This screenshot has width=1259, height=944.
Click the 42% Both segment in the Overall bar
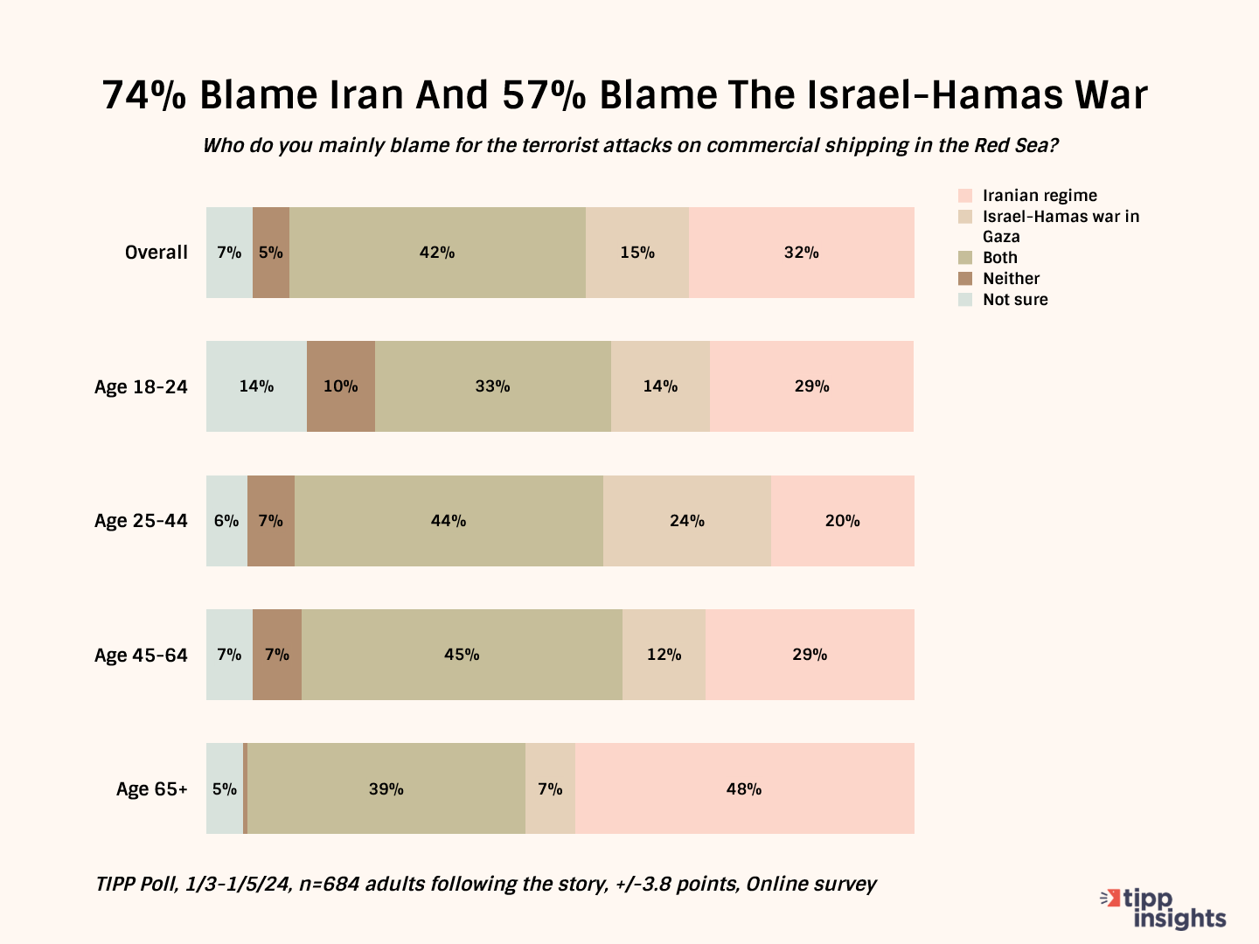(x=437, y=253)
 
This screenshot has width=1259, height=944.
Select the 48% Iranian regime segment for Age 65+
(x=744, y=788)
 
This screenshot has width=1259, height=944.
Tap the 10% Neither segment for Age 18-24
(x=341, y=386)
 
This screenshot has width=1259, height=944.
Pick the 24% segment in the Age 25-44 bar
(x=687, y=521)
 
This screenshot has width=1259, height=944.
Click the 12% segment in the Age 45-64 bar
(x=664, y=655)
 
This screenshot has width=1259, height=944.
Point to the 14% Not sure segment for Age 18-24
(x=256, y=386)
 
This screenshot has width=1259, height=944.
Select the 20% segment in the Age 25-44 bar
(x=842, y=521)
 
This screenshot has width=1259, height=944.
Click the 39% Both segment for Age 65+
(x=386, y=788)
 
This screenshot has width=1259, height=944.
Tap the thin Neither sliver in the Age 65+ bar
(x=246, y=788)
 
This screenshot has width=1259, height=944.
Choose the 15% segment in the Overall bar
(x=637, y=253)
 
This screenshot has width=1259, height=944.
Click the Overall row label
(x=157, y=253)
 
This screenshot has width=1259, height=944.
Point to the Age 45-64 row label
(x=141, y=655)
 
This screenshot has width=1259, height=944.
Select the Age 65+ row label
(x=152, y=789)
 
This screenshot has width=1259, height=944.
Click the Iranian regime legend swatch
(x=965, y=196)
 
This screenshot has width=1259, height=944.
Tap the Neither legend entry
(x=1011, y=279)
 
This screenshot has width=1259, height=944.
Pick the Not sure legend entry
(x=1014, y=300)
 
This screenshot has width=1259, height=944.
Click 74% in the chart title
(x=144, y=95)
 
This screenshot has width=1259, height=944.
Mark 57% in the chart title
(x=544, y=95)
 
